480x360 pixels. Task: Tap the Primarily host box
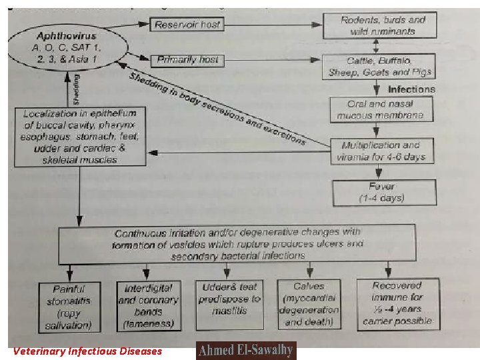[188, 60]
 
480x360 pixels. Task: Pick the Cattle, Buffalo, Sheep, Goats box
[380, 67]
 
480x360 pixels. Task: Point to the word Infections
[411, 89]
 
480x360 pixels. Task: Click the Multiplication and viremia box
[381, 151]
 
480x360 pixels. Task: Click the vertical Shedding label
[76, 88]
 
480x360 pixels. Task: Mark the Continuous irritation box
[237, 243]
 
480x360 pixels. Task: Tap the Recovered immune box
[397, 303]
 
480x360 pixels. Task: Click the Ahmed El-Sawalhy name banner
[246, 351]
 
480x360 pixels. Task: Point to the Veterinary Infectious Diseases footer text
[87, 351]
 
